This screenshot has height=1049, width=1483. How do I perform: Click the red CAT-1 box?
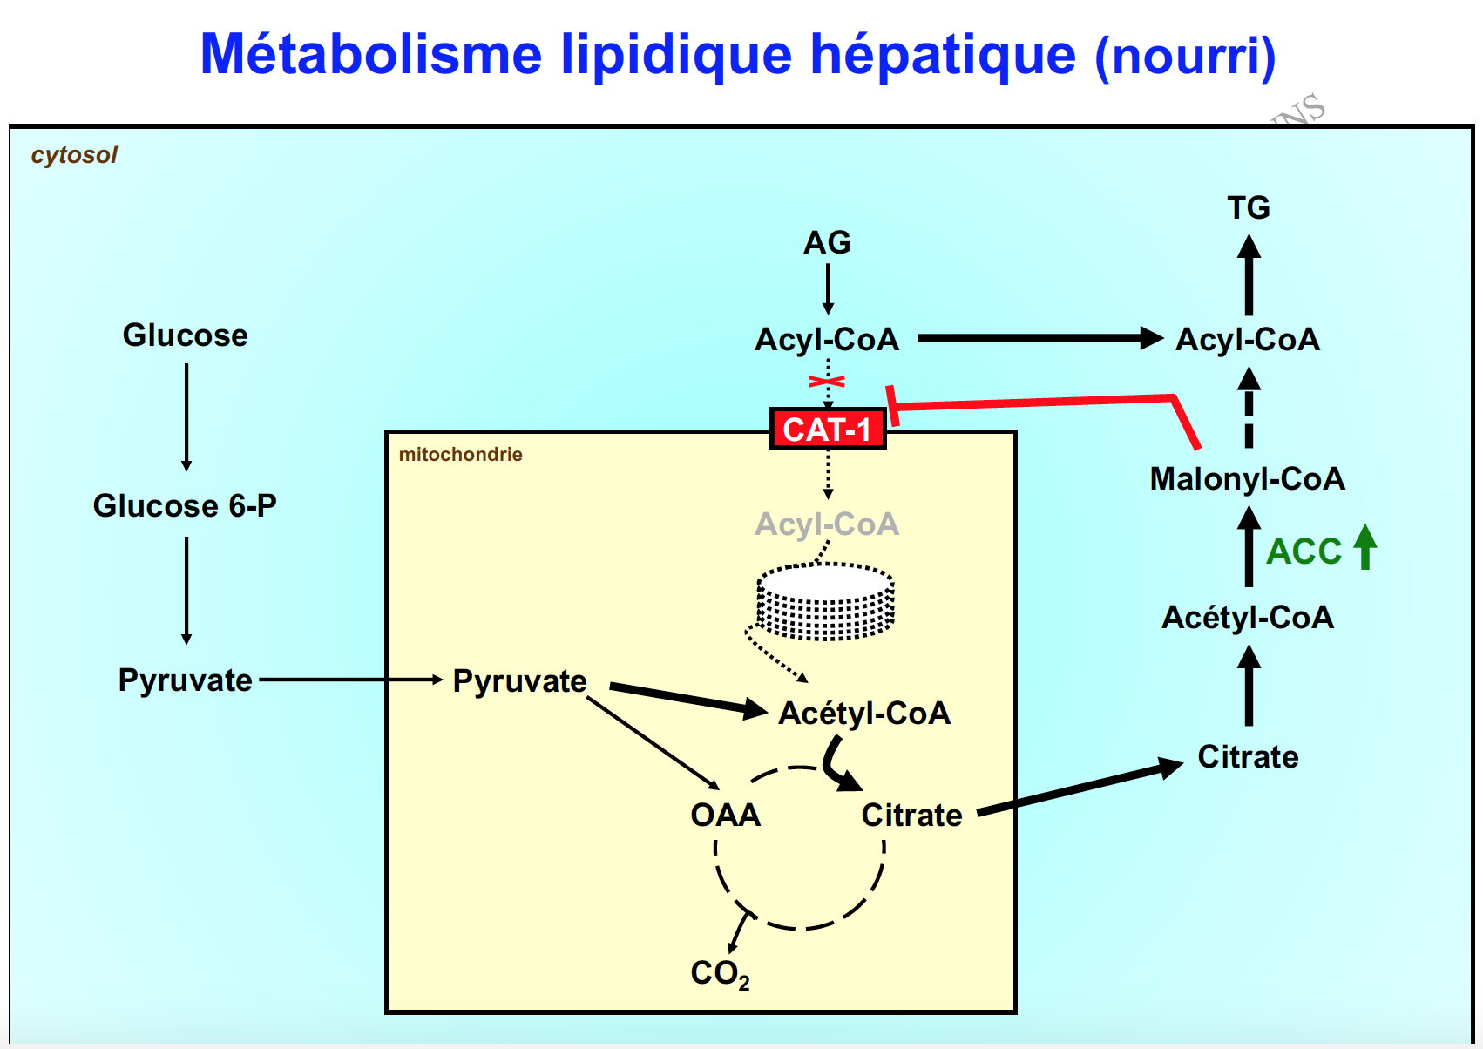click(x=827, y=429)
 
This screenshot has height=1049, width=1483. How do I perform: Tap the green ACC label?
click(x=1304, y=552)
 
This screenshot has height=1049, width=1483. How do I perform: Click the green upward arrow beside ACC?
click(x=1365, y=546)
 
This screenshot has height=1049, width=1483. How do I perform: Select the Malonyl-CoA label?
click(x=1247, y=479)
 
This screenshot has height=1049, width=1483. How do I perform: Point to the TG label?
click(x=1248, y=208)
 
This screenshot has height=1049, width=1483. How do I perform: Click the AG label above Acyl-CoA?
click(x=827, y=243)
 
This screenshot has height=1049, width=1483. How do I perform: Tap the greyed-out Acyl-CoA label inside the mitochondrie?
click(x=827, y=524)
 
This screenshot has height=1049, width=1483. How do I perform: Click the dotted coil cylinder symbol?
click(x=825, y=601)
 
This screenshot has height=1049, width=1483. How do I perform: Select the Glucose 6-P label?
click(x=185, y=506)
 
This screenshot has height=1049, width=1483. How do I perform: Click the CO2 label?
click(x=720, y=974)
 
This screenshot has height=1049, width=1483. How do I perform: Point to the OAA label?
click(x=725, y=816)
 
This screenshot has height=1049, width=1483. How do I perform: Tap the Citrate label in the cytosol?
click(x=1248, y=757)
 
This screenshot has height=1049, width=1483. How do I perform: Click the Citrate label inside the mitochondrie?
click(x=911, y=816)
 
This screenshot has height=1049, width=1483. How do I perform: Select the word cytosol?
click(x=74, y=155)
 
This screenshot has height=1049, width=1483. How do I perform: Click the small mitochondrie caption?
click(x=460, y=455)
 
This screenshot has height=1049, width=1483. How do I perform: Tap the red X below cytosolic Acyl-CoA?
click(x=827, y=382)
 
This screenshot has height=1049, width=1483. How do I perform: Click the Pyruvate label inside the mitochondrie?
click(x=519, y=681)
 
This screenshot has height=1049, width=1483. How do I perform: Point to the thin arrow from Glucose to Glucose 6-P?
click(x=186, y=416)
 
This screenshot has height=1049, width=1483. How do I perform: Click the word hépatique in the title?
click(x=943, y=54)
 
